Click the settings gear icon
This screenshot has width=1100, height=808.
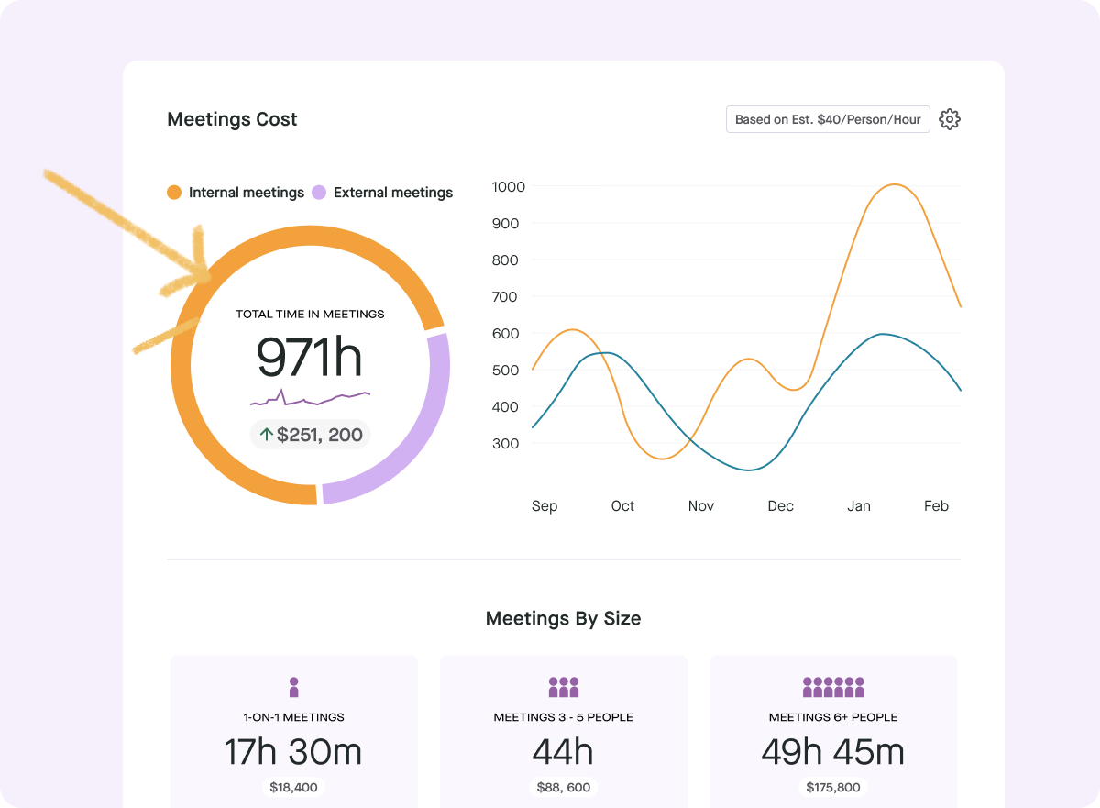click(950, 119)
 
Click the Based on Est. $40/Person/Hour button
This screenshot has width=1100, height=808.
click(828, 119)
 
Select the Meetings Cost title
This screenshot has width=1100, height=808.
click(232, 119)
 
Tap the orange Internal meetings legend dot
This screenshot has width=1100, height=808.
click(174, 193)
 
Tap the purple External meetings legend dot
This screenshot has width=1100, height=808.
click(319, 193)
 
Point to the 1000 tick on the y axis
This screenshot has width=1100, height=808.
click(508, 187)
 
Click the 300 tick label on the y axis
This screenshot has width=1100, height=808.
click(506, 444)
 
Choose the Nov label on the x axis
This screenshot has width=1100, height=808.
click(701, 506)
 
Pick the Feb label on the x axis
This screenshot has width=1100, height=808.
click(936, 506)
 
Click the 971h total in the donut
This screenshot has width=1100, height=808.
click(310, 357)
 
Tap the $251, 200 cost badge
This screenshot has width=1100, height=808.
click(311, 435)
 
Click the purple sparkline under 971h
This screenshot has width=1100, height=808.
click(310, 398)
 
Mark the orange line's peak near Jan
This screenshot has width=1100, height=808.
click(892, 184)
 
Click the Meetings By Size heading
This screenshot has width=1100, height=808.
click(563, 618)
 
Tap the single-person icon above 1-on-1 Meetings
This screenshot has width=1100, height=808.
click(293, 687)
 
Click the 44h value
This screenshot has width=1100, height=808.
click(563, 752)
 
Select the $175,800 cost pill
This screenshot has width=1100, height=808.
click(832, 787)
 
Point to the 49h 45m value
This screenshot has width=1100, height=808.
click(832, 752)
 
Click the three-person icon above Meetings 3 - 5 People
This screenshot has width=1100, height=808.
click(563, 687)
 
